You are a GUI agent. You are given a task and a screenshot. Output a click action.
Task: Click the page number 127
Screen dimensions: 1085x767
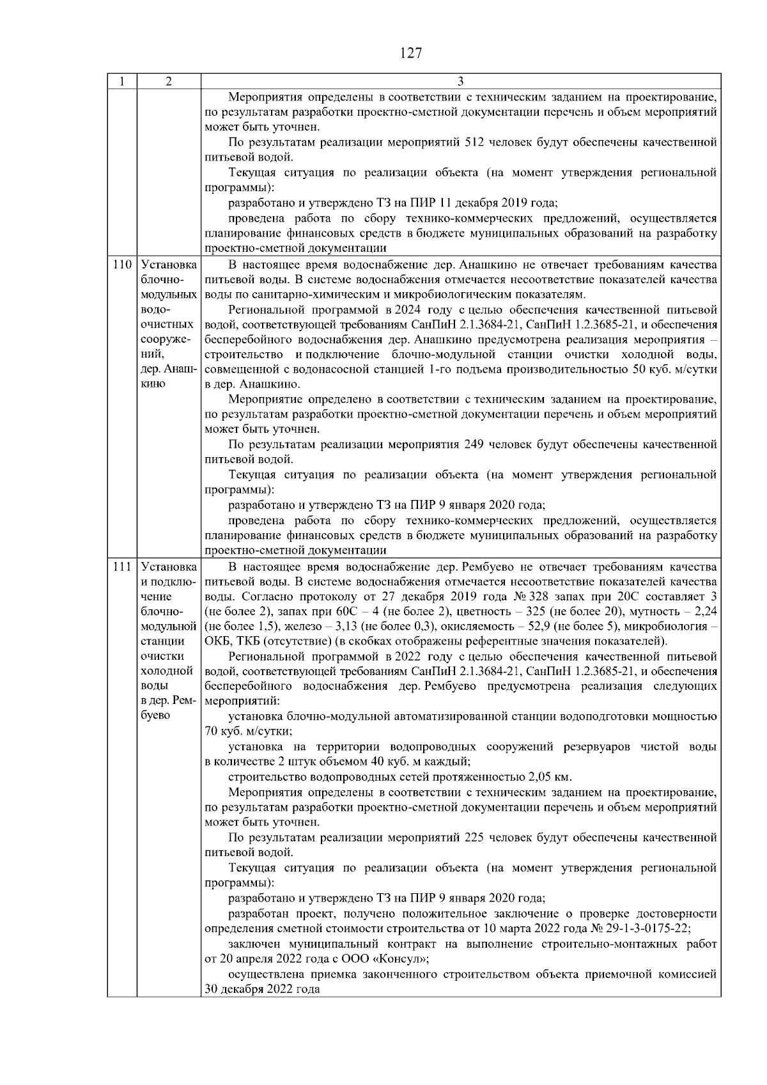tap(410, 53)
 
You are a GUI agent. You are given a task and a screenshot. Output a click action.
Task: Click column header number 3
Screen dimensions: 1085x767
tap(461, 81)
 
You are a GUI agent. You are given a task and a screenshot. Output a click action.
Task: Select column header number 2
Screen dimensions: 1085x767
tap(168, 81)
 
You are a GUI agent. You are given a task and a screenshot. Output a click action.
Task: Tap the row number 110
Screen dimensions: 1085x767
tap(121, 265)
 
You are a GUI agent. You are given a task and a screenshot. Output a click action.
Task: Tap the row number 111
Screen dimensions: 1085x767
tap(121, 567)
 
